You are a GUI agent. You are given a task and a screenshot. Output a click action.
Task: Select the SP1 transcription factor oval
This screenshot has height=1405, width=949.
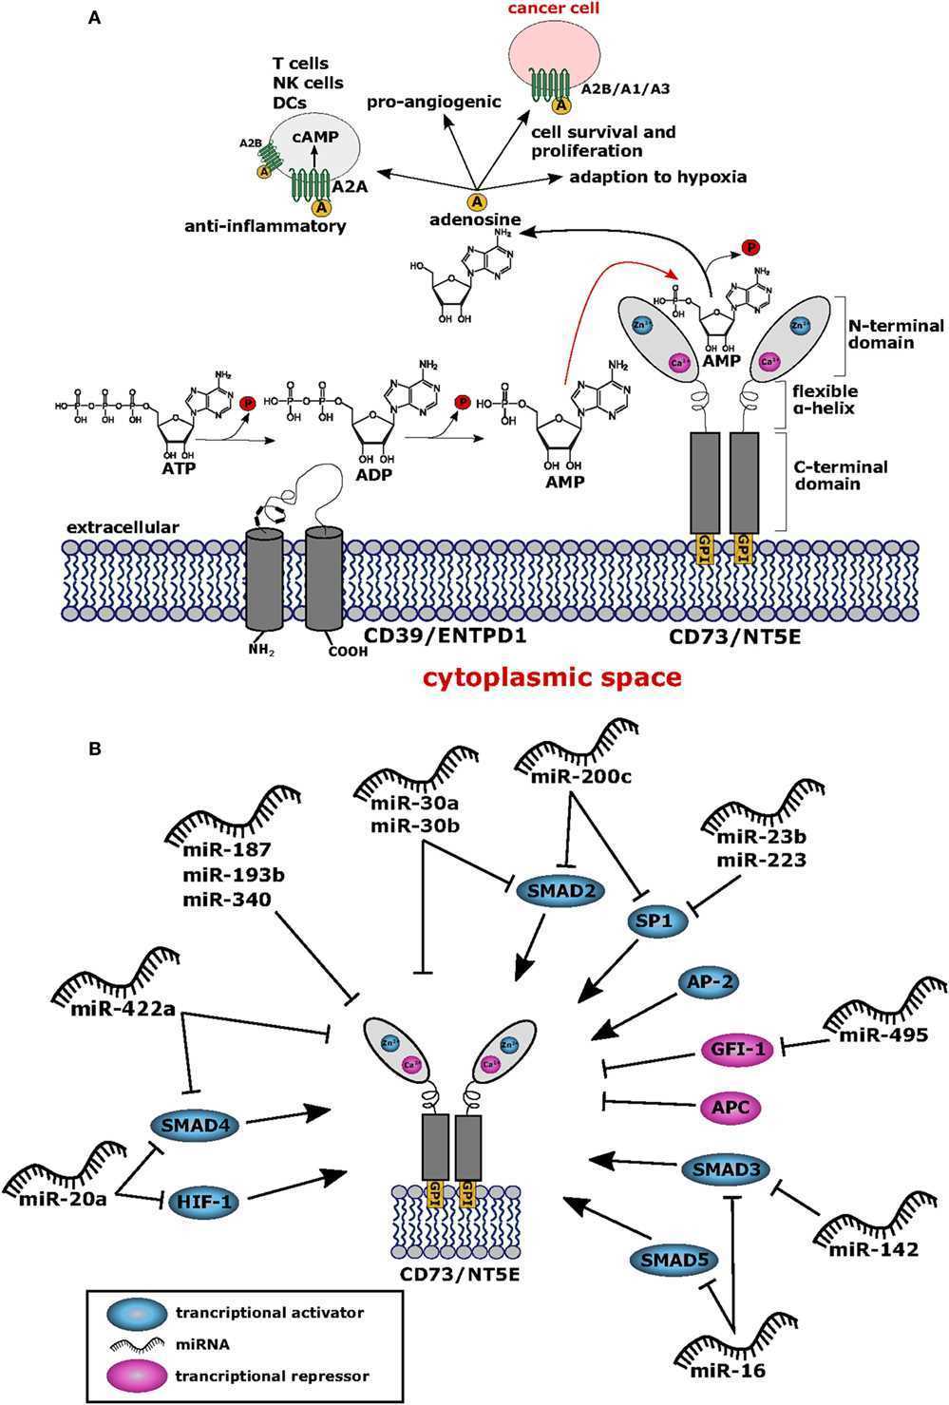click(x=656, y=921)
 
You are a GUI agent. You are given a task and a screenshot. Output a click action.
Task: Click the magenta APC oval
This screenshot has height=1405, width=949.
click(x=731, y=1107)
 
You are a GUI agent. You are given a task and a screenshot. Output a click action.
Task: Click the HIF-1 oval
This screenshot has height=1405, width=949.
click(x=204, y=1202)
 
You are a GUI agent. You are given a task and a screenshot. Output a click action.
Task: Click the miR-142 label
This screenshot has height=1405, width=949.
click(x=873, y=1249)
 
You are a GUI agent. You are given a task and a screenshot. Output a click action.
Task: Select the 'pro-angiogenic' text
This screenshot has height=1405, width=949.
click(x=434, y=101)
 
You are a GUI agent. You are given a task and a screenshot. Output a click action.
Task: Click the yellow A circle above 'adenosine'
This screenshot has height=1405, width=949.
click(x=478, y=200)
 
